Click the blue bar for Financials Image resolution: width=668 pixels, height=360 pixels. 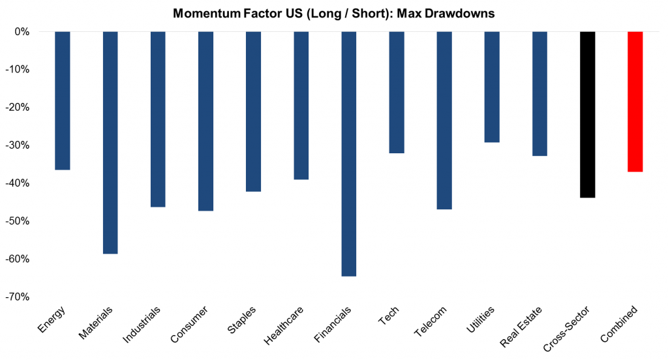pyautogui.click(x=349, y=153)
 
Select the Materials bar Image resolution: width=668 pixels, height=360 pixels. pyautogui.click(x=110, y=142)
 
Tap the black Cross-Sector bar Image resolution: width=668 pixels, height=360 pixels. pyautogui.click(x=587, y=114)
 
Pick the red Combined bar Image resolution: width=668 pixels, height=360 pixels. pyautogui.click(x=635, y=101)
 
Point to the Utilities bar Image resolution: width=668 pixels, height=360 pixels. pyautogui.click(x=492, y=87)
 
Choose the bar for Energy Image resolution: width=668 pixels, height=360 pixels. pyautogui.click(x=63, y=100)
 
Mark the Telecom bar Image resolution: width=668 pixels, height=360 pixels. pyautogui.click(x=444, y=120)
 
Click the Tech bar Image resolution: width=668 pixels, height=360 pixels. pyautogui.click(x=397, y=92)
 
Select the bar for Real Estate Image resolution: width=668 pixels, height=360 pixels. pyautogui.click(x=539, y=93)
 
